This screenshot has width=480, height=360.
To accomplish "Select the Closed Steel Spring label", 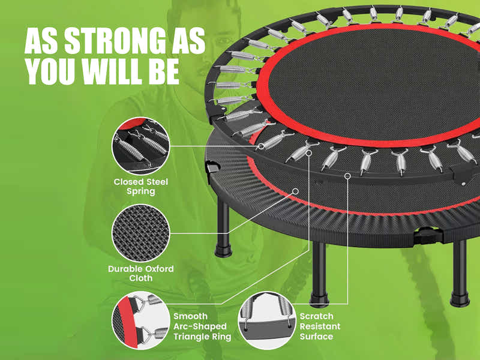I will (x=141, y=186).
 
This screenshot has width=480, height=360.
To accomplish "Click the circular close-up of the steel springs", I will (x=141, y=146).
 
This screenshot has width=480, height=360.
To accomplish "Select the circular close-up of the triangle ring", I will (x=141, y=320).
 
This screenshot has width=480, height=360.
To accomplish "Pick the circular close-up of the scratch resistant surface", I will (x=266, y=320).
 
